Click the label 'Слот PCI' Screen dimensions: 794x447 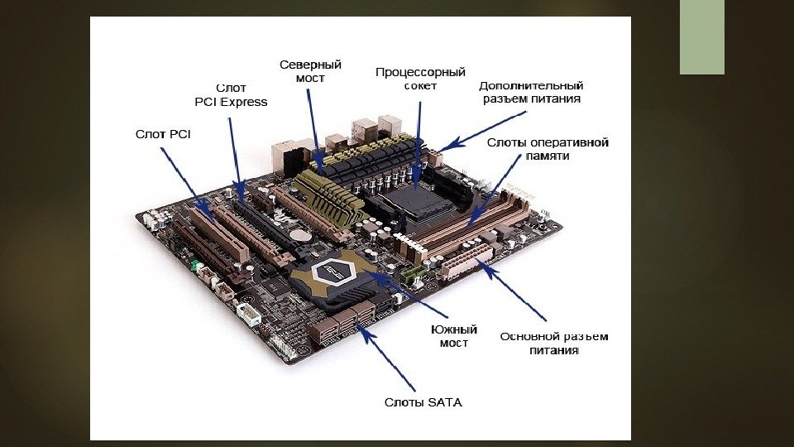click(x=163, y=134)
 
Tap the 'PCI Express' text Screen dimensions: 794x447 click(x=231, y=102)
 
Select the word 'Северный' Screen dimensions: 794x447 click(x=310, y=65)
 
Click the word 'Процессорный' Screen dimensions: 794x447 click(x=420, y=73)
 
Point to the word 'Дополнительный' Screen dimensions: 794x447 click(x=531, y=85)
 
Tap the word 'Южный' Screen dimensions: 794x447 click(x=454, y=329)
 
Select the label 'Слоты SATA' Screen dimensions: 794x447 click(x=423, y=402)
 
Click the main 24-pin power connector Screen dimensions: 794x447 click(x=467, y=261)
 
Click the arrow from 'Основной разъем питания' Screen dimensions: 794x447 click(x=514, y=290)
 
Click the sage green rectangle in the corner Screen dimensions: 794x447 click(x=702, y=37)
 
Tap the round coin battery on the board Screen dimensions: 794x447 click(x=304, y=235)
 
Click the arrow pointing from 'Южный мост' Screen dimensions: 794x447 click(x=407, y=294)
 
